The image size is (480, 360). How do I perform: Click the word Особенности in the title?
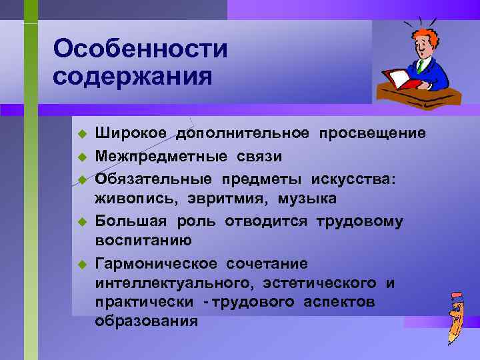[140, 49]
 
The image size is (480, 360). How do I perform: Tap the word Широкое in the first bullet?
[132, 134]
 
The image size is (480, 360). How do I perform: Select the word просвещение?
[372, 134]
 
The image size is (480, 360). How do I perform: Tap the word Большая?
[133, 220]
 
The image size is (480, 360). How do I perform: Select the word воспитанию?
[143, 241]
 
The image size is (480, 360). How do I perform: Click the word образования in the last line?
[146, 321]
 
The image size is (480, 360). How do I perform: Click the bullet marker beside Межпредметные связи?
[82, 157]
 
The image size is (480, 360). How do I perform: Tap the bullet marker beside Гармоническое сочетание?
[82, 263]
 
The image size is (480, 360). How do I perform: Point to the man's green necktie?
[421, 67]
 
